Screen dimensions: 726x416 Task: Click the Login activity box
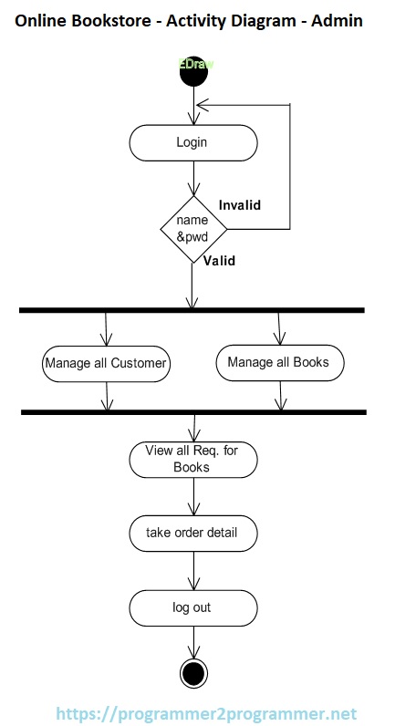coord(193,142)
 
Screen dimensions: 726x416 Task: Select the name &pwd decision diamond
coord(192,229)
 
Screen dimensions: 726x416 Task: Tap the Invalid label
coord(240,205)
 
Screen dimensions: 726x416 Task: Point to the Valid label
coord(219,261)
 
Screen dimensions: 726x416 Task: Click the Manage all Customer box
coord(107,363)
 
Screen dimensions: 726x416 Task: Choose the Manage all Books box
coord(278,362)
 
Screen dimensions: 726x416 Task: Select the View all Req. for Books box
coord(192,459)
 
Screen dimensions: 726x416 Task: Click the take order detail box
coord(192,533)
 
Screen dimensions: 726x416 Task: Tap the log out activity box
coord(192,607)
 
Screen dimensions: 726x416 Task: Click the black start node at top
coord(193,73)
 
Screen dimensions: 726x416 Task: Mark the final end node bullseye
coord(193,673)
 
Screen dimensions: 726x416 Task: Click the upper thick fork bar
coord(192,311)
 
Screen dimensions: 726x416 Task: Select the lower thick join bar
coord(193,413)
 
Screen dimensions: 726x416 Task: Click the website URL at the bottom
coord(205,713)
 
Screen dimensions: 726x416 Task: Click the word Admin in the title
coord(338,20)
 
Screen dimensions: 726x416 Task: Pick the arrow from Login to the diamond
coord(193,177)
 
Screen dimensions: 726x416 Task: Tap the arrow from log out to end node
coord(193,642)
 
